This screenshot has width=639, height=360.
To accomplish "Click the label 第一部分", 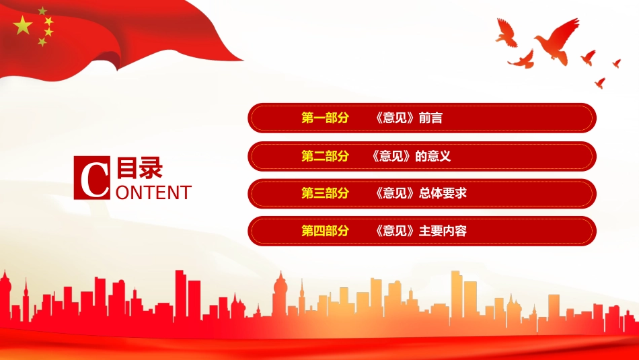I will click(326, 118).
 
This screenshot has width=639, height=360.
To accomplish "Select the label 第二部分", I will click(326, 156).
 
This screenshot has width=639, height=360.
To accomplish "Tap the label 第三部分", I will click(326, 194).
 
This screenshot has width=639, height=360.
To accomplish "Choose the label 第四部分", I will click(326, 231).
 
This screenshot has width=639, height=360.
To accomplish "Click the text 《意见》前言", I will click(407, 118).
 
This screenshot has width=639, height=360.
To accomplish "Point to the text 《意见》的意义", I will click(410, 156).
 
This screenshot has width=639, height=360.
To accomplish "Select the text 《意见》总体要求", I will click(419, 194).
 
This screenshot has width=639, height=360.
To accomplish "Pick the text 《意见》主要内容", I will click(419, 231).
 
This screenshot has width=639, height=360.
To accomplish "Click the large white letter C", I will click(92, 178).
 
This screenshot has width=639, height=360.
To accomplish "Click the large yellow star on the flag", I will click(23, 26).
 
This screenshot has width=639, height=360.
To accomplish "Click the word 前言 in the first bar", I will click(430, 118).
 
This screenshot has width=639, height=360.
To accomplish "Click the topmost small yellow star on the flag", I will click(42, 11).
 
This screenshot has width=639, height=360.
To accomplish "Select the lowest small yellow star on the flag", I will click(42, 42).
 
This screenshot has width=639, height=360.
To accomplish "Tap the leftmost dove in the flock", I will click(506, 32).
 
